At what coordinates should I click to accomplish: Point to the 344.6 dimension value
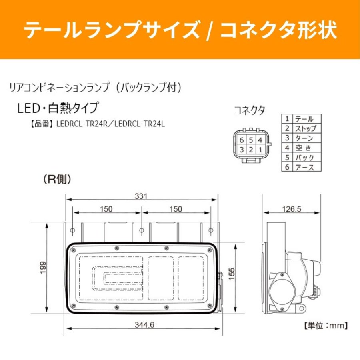coord(144,325)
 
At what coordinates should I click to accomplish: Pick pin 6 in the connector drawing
coord(241,140)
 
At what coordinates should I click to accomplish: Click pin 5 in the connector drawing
coord(250,140)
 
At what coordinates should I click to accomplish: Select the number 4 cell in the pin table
coord(287,148)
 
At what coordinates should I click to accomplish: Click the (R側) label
coord(57,180)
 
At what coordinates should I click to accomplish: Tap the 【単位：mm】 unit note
coord(325,326)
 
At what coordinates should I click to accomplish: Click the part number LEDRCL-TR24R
coord(82,124)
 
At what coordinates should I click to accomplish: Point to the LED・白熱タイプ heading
coord(57,108)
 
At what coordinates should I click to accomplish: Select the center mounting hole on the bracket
coord(142,230)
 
